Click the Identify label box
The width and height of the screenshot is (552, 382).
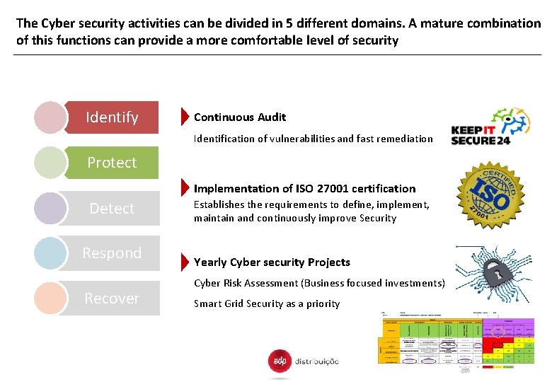coord(112,117)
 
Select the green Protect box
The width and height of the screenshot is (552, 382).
coord(112,163)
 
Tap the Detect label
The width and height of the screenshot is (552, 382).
coord(112,209)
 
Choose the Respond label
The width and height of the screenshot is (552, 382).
coord(112,253)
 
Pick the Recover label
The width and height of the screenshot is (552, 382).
coord(112,299)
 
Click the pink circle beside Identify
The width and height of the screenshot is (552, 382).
coord(50,117)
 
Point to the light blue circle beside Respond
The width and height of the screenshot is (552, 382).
coord(50,253)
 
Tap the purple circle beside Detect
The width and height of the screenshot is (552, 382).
coord(50,209)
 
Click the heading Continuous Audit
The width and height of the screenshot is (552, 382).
coord(240,117)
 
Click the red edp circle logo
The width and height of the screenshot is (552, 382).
coord(280,361)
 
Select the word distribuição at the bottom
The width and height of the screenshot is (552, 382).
coord(316,361)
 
